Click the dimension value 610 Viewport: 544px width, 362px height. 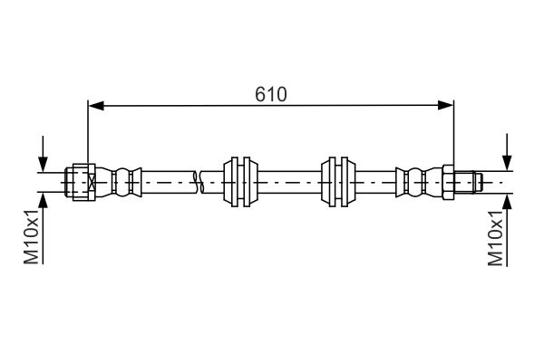(270, 93)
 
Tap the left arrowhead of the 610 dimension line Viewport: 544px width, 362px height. (94, 106)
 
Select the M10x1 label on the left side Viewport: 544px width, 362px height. (31, 236)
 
